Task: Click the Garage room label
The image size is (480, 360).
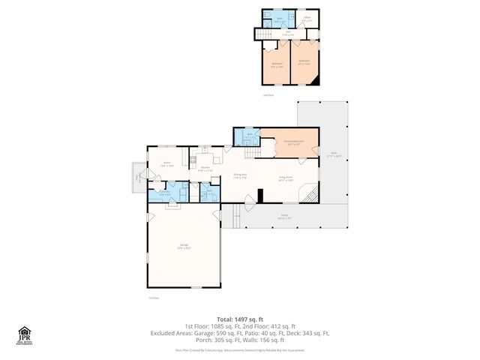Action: [x=184, y=247]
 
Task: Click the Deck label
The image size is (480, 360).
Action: [x=334, y=154]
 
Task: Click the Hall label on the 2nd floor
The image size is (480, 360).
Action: [x=288, y=32]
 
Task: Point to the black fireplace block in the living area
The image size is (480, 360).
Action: [x=260, y=196]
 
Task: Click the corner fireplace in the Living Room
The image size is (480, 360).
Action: [x=310, y=196]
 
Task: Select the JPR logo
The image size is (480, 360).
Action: [x=25, y=334]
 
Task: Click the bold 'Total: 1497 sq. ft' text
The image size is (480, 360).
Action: [x=239, y=319]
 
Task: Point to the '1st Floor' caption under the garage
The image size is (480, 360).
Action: [x=153, y=298]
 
